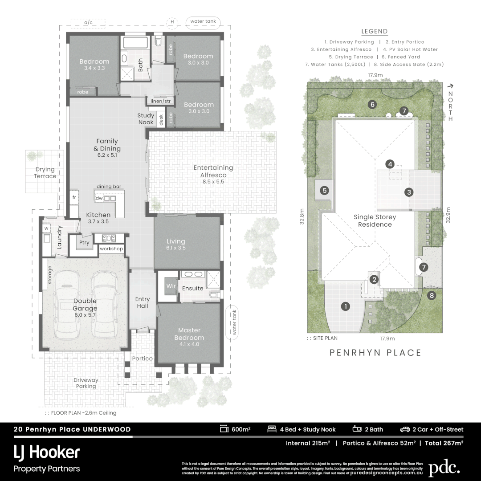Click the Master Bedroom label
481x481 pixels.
tap(189, 334)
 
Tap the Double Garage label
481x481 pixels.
tap(85, 305)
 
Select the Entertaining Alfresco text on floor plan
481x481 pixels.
tap(213, 171)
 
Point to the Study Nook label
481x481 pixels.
tap(145, 118)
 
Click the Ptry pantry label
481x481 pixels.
tap(84, 243)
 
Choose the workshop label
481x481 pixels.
tap(111, 249)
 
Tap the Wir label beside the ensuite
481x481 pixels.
tap(171, 285)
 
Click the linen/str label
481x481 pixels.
tap(160, 101)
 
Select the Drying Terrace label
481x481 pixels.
tap(45, 173)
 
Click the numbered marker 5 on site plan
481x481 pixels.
tap(325, 191)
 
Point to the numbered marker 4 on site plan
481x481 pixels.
tap(390, 164)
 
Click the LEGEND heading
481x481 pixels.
tap(374, 31)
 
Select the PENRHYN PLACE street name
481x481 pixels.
tap(375, 353)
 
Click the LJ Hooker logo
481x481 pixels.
tap(46, 453)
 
